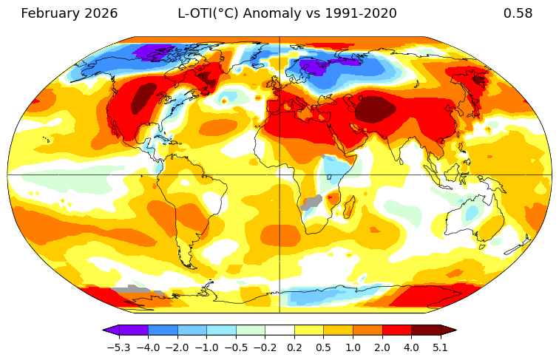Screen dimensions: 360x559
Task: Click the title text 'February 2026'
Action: point(69,13)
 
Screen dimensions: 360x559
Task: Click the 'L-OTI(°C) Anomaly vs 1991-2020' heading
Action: point(287,13)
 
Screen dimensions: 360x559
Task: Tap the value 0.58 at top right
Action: point(518,13)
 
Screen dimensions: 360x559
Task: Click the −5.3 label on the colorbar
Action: point(119,347)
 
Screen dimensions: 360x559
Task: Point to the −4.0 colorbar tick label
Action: point(148,347)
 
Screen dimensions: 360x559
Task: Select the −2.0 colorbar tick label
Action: point(177,347)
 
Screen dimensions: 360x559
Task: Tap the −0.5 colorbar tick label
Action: point(236,347)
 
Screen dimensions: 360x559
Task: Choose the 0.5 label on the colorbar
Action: point(324,347)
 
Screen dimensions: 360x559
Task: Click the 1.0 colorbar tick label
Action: point(353,347)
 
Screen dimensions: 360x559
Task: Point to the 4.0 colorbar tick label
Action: point(411,347)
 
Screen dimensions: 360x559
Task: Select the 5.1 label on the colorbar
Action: point(441,347)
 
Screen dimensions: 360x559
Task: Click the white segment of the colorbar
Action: point(279,330)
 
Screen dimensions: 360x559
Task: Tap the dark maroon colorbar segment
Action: point(426,330)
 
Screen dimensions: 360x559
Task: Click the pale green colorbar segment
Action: point(251,330)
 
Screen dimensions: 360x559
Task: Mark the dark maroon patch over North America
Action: point(143,98)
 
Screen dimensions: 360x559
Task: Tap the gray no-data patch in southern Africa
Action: point(314,200)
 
